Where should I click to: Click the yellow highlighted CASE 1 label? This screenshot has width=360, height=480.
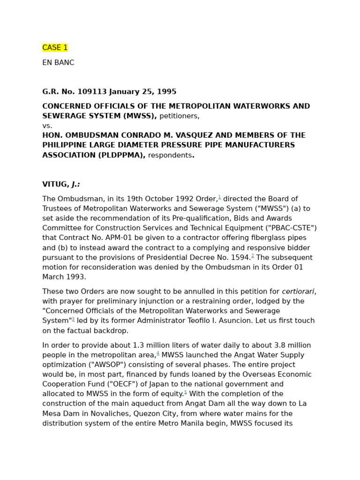click(x=55, y=48)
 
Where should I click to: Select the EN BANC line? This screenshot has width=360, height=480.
click(x=58, y=63)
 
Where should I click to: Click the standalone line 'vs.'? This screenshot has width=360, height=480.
click(x=47, y=126)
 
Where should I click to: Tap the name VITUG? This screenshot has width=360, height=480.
click(x=55, y=185)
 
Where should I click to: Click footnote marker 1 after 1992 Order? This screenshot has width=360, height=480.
click(x=219, y=197)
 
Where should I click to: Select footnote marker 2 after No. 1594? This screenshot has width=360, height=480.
click(x=253, y=255)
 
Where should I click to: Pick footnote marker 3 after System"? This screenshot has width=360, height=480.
click(x=73, y=319)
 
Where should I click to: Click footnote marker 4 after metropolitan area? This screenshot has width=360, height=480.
click(x=158, y=353)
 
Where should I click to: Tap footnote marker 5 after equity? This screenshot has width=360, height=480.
click(x=186, y=392)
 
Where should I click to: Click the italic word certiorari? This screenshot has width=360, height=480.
click(x=298, y=292)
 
